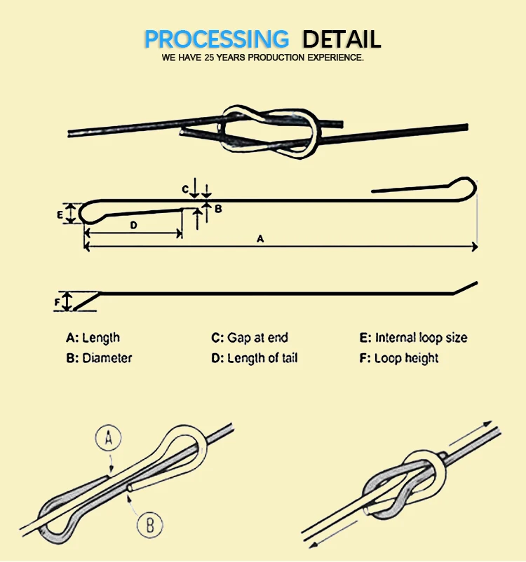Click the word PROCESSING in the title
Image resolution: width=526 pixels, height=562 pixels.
[x=216, y=39]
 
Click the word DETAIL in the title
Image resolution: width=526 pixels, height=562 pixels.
[x=342, y=39]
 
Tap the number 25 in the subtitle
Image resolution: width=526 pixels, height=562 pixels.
[x=213, y=57]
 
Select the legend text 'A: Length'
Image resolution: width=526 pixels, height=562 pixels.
[x=93, y=338]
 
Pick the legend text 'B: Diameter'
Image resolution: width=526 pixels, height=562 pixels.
[x=99, y=358]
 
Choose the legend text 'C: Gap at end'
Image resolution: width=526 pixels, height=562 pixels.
[x=250, y=338]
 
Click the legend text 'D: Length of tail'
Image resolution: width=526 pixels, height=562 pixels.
[x=255, y=358]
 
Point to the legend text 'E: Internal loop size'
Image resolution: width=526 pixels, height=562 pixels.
[x=413, y=338]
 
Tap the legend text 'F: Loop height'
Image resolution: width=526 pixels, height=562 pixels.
[x=399, y=358]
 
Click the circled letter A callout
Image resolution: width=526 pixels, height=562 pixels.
[x=108, y=440]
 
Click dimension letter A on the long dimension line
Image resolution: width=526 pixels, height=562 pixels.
[x=259, y=239]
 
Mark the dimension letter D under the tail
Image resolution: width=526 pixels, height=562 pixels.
[x=133, y=224]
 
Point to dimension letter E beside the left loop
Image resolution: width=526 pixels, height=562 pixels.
[x=60, y=214]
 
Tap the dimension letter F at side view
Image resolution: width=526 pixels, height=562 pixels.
[x=58, y=302]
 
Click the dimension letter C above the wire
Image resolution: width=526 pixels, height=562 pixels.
[x=185, y=189]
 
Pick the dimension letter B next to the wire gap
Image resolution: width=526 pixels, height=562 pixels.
[x=218, y=208]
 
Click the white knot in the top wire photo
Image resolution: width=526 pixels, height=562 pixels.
[x=269, y=130]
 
